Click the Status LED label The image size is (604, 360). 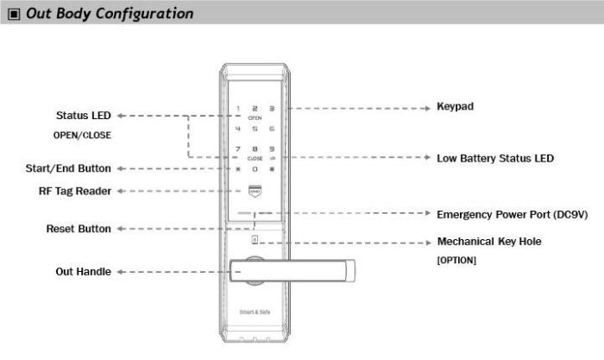[x=84, y=115]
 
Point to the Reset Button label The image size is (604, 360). [x=78, y=230]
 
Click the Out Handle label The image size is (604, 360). [x=84, y=272]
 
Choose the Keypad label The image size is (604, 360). [x=456, y=106]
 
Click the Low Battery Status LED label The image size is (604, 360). [x=495, y=159]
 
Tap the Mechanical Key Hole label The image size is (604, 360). [x=489, y=242]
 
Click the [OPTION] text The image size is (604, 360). [x=457, y=259]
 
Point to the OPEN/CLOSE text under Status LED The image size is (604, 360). [x=83, y=136]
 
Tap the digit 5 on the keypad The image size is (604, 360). [x=255, y=129]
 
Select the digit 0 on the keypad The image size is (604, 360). [x=255, y=168]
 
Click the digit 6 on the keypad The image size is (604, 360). [x=273, y=129]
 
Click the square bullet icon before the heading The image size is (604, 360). [x=13, y=15]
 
